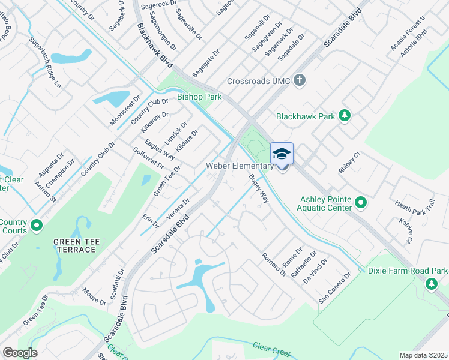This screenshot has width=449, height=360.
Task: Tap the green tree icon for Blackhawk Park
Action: pos(344,115)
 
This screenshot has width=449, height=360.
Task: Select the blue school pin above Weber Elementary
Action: pos(282,155)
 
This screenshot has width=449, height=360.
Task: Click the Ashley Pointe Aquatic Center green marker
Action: pos(361,203)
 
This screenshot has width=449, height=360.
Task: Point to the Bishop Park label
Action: pos(199,97)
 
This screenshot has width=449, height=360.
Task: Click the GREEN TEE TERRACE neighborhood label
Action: pos(75,245)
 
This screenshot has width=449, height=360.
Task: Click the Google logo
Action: pos(20,353)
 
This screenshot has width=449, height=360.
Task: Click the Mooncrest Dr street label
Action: pos(124,110)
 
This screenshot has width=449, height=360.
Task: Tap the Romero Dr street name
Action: pos(274,265)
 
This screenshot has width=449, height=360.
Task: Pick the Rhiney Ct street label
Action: pos(349,163)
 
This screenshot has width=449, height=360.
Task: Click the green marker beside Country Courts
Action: pos(37,226)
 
